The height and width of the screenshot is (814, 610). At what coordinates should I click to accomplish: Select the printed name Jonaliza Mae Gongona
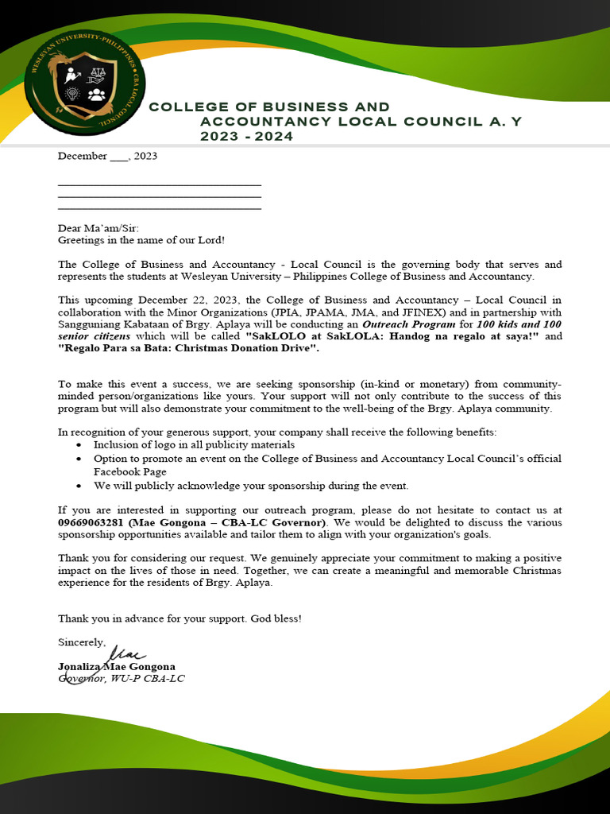coord(117,666)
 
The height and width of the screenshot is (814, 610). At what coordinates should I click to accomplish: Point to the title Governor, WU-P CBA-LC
coord(121,678)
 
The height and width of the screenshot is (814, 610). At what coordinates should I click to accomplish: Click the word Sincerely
coord(81,641)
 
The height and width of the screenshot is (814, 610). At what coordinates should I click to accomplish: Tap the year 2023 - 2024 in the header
coord(246,137)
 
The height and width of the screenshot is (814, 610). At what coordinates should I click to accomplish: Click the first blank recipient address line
coord(159,184)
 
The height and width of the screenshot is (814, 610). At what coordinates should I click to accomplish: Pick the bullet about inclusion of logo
coord(194,445)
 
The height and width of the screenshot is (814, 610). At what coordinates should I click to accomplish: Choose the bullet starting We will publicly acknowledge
coord(250,485)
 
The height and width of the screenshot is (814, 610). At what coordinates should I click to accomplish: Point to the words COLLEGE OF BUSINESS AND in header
coord(269,107)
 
